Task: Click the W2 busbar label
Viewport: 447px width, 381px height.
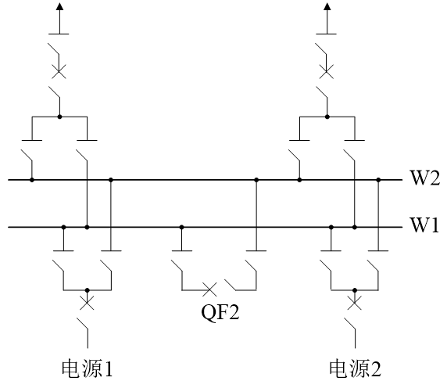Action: (425, 178)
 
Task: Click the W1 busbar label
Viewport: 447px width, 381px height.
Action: (424, 225)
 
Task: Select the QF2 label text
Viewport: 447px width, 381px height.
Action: (220, 312)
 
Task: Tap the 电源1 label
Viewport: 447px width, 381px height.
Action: (88, 368)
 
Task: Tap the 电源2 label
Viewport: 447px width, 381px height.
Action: (356, 368)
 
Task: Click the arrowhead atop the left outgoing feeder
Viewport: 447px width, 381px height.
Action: (59, 6)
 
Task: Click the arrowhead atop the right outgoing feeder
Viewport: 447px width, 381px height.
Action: (327, 6)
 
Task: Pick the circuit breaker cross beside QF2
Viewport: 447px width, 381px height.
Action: (209, 289)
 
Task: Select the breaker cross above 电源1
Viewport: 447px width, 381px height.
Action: (87, 303)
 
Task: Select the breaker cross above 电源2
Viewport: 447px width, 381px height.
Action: (355, 303)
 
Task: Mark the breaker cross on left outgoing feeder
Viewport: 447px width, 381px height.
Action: (59, 71)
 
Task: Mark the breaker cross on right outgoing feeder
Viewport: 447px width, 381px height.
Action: (327, 71)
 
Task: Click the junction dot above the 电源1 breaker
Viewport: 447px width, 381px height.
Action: (88, 290)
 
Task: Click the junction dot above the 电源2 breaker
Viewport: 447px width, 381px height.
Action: (355, 290)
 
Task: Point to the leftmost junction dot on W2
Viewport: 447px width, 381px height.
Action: (32, 180)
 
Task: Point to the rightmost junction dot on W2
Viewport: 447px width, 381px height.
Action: (378, 180)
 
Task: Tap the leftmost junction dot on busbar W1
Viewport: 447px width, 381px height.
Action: (64, 227)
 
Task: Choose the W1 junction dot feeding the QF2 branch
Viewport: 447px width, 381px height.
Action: (181, 227)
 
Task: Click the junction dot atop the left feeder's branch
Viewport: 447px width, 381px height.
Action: (59, 117)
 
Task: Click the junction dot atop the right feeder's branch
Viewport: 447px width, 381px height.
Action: (327, 117)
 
